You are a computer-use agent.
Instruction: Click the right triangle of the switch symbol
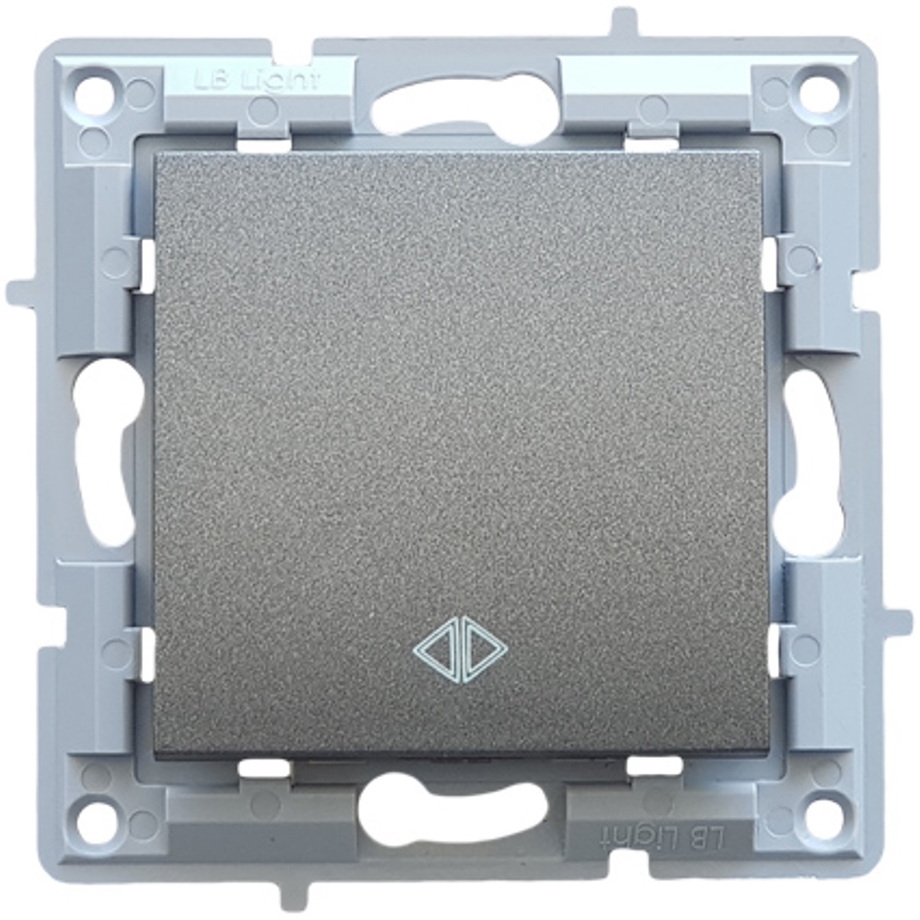click(483, 652)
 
